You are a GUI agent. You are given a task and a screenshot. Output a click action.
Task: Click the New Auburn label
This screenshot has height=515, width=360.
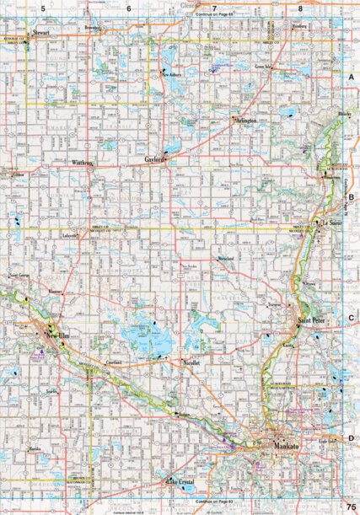(x=173, y=74)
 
